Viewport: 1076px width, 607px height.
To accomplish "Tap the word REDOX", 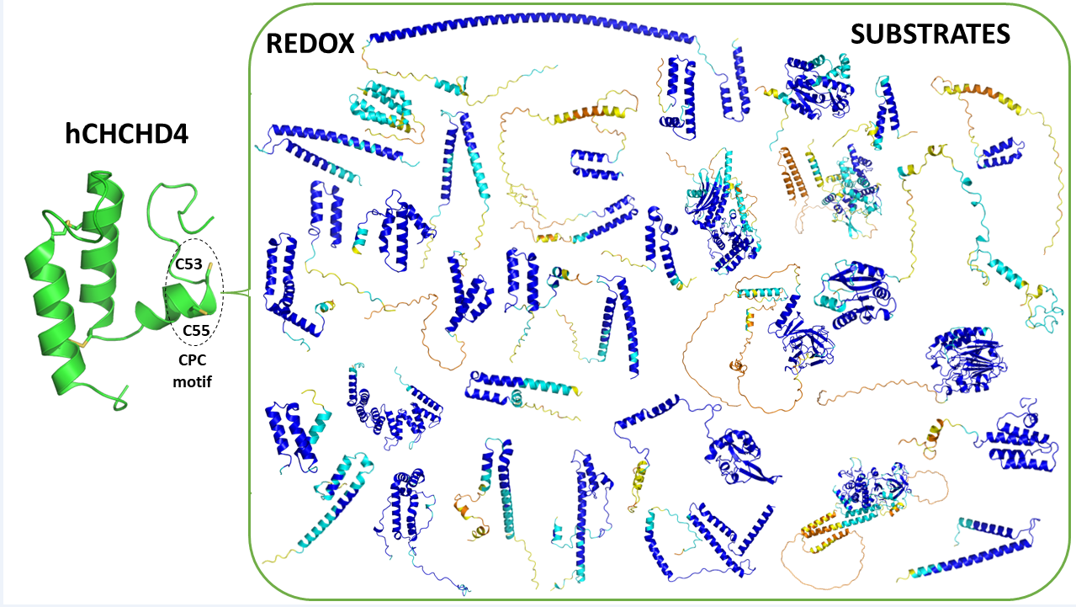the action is click(x=310, y=44).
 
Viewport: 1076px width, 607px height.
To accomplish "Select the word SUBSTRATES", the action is click(x=930, y=34).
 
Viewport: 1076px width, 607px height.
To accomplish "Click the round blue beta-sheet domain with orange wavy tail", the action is click(x=967, y=362).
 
